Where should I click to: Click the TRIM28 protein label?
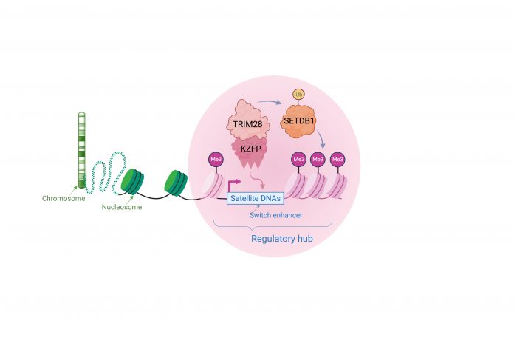point(247,124)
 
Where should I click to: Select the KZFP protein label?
point(251,149)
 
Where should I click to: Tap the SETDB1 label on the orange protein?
point(298,120)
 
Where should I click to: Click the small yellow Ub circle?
point(298,95)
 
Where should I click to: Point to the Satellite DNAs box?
point(256,198)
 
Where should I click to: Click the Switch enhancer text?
point(275,215)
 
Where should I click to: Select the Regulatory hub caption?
point(282,238)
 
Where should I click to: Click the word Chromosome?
point(64,198)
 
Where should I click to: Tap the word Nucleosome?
point(122,207)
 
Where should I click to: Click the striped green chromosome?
point(82,150)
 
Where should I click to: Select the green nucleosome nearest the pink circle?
point(176,183)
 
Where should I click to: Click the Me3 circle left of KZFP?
point(216,160)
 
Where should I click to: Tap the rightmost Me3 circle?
point(337,160)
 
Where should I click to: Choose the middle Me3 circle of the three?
point(318,160)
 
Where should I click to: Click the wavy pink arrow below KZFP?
point(257,179)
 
